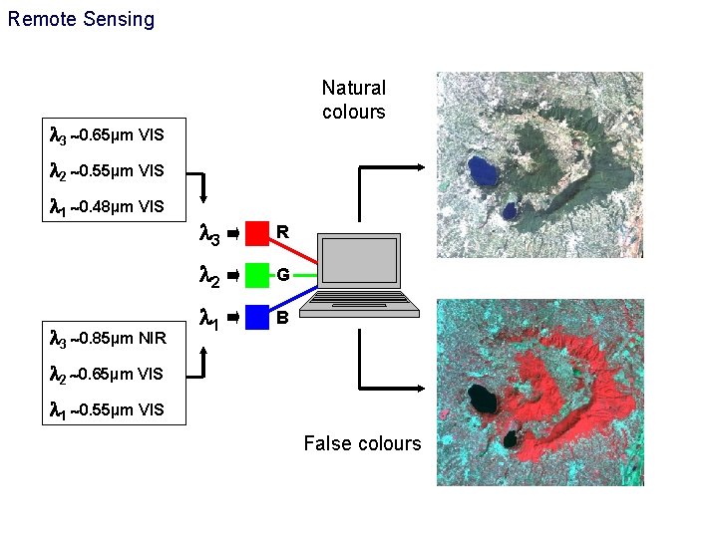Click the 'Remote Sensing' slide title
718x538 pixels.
[x=81, y=19]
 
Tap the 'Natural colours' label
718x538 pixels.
[x=353, y=100]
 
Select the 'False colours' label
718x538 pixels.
[x=362, y=443]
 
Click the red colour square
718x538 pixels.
[x=257, y=233]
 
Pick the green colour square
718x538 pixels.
[x=257, y=275]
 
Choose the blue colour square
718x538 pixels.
[x=257, y=317]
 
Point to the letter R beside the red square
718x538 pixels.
[x=283, y=233]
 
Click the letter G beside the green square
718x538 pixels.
[x=284, y=275]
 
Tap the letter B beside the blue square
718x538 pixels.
[x=283, y=319]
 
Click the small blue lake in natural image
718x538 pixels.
[x=510, y=210]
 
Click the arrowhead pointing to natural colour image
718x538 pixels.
[x=426, y=166]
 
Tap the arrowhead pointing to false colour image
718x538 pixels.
[x=426, y=387]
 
